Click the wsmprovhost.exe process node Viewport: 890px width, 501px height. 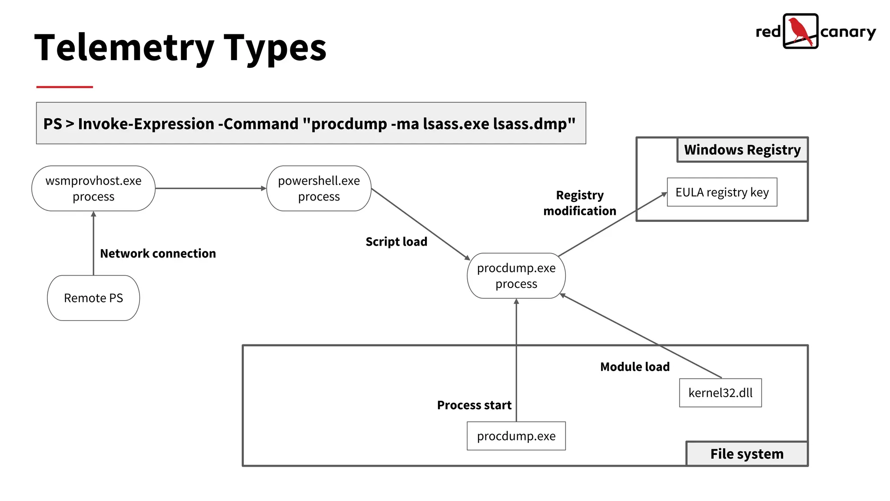(x=93, y=188)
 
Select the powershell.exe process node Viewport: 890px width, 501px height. (x=319, y=188)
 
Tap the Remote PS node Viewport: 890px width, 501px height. (x=93, y=298)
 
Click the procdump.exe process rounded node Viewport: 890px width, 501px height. (x=516, y=276)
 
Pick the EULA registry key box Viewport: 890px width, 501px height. (x=722, y=192)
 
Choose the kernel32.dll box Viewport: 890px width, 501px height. (x=720, y=393)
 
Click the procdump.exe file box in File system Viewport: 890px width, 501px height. (x=516, y=436)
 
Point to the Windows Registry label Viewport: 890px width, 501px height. (x=742, y=150)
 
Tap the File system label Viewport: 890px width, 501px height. (x=747, y=454)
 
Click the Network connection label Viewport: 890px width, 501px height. (x=158, y=253)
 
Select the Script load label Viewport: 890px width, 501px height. (x=396, y=241)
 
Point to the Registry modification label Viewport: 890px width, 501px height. (x=580, y=203)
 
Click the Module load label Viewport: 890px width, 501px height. (x=634, y=367)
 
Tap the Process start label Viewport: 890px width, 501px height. (x=474, y=405)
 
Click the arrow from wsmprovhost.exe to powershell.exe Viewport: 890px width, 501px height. (x=210, y=188)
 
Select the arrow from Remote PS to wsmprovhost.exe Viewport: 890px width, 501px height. (x=93, y=244)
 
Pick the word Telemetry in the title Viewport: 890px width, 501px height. (x=124, y=48)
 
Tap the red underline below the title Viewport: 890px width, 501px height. (x=65, y=87)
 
